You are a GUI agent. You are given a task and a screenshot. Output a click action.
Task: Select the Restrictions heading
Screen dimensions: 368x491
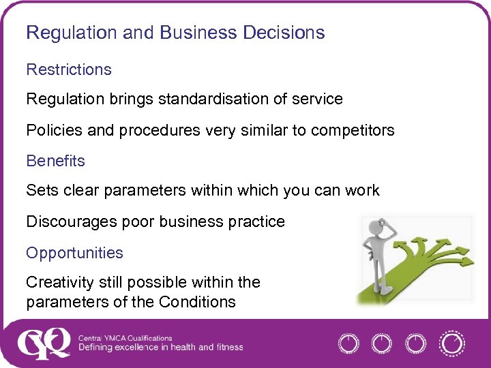(69, 70)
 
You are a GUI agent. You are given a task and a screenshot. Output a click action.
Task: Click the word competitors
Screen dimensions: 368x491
(353, 130)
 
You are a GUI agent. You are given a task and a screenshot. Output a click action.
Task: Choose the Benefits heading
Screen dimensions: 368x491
(56, 162)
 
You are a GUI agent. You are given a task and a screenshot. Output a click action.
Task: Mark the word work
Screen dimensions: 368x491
(361, 191)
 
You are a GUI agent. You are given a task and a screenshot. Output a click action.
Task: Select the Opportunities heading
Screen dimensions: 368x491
(75, 253)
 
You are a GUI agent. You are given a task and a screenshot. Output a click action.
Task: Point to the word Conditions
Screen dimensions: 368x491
(202, 302)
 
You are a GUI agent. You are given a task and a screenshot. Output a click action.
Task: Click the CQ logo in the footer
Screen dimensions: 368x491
(44, 343)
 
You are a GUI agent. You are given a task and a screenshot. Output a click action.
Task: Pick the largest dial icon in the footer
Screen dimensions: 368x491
(451, 343)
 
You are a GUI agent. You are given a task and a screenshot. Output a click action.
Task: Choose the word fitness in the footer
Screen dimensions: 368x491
(228, 348)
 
